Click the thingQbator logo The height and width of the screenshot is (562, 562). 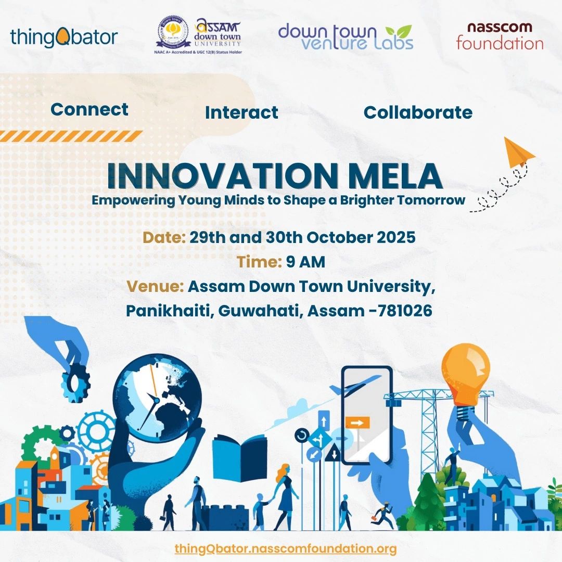coord(64,37)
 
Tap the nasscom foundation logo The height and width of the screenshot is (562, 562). coord(500,36)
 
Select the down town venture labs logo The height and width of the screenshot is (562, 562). coord(346,37)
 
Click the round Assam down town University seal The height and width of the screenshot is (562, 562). coord(173,33)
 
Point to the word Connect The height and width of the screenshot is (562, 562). coord(90,109)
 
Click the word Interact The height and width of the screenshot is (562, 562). coord(241,112)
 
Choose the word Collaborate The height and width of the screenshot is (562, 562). coord(418,112)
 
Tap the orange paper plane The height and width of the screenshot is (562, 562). coord(518,152)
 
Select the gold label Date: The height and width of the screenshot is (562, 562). coord(164,237)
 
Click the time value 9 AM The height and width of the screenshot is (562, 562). coord(305,262)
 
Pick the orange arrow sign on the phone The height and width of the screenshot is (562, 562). coord(357,423)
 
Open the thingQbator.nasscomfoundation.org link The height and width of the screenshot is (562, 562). coord(286,549)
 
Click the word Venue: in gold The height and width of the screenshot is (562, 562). coord(156,286)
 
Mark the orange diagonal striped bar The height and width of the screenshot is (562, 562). coord(71,136)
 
